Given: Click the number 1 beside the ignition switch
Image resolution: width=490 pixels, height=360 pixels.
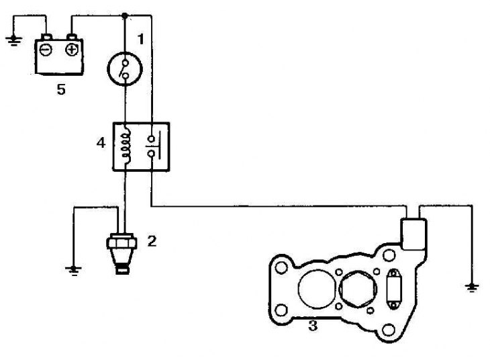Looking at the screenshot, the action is click(141, 40).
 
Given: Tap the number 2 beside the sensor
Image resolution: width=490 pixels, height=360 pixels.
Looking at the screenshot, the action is click(152, 241).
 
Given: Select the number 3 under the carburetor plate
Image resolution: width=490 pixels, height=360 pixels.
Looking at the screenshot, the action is click(313, 326).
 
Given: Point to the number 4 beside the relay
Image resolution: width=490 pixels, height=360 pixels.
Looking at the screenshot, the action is click(101, 143).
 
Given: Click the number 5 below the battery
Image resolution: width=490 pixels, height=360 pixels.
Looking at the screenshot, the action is click(61, 90).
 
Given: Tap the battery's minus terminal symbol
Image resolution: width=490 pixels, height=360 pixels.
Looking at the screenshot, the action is click(46, 50).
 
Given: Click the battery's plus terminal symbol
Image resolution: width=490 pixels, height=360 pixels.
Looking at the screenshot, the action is click(72, 50).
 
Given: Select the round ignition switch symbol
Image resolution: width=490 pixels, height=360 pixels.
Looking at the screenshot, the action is click(125, 69).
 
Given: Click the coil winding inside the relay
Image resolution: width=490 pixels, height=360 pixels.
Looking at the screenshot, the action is click(126, 145).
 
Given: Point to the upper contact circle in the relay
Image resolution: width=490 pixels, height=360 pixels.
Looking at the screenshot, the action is click(152, 138).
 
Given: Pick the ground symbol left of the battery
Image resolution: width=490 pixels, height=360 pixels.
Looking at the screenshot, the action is click(13, 41).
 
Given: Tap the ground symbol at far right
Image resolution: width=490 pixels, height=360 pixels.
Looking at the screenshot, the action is click(472, 287).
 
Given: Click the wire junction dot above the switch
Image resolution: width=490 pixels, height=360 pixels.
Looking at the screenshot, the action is click(125, 15).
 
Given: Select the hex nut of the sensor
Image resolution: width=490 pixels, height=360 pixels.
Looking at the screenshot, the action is click(121, 242).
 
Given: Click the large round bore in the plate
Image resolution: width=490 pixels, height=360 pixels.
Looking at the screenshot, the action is click(317, 288).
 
